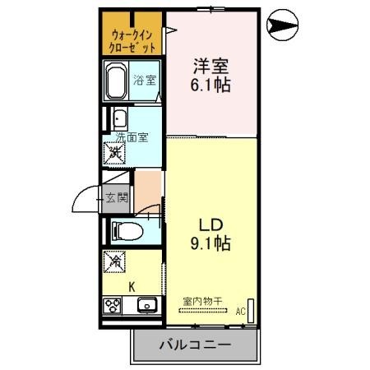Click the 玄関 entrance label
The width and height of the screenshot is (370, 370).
[116, 197]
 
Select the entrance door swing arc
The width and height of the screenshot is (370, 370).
[86, 200]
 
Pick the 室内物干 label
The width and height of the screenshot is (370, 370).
[202, 300]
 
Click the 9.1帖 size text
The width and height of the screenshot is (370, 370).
[210, 243]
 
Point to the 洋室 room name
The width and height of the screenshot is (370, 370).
[211, 62]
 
